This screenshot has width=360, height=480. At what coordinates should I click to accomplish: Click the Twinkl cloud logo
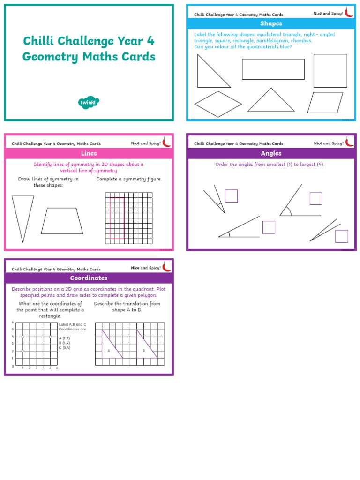click(x=89, y=102)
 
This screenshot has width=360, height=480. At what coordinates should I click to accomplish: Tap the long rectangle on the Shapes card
click(x=273, y=69)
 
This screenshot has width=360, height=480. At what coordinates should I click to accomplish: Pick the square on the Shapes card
click(x=330, y=70)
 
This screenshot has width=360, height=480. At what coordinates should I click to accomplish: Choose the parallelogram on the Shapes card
click(x=325, y=102)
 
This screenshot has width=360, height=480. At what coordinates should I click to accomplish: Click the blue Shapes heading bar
click(x=271, y=23)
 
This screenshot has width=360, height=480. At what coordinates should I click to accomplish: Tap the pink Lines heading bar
click(x=89, y=153)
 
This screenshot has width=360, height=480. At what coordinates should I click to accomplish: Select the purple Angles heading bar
click(x=271, y=153)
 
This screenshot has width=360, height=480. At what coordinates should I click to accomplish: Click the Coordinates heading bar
click(x=89, y=278)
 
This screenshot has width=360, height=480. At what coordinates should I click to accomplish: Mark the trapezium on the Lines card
click(x=62, y=221)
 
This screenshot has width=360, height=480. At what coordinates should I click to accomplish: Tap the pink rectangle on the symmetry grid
click(x=117, y=218)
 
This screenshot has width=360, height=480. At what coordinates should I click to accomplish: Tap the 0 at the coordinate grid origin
click(x=13, y=366)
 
